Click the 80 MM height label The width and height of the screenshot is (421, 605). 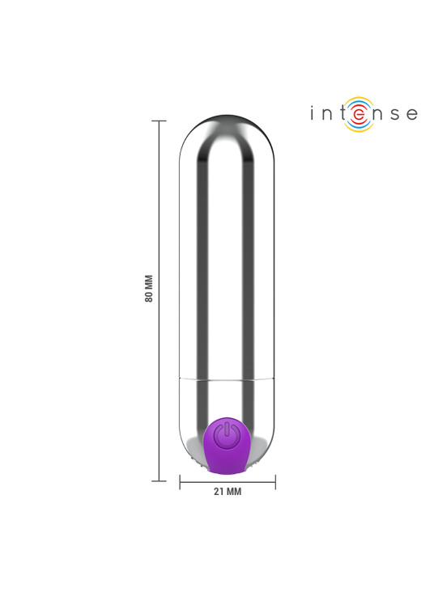pyautogui.click(x=149, y=288)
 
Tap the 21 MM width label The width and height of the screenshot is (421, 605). pyautogui.click(x=228, y=491)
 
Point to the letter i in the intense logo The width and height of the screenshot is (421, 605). pyautogui.click(x=312, y=113)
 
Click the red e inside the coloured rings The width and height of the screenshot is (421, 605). pyautogui.click(x=359, y=114)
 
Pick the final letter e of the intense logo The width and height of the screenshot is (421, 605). pyautogui.click(x=412, y=114)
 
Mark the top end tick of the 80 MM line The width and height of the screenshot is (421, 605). pyautogui.click(x=159, y=121)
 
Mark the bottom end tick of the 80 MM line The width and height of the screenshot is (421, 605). pyautogui.click(x=159, y=481)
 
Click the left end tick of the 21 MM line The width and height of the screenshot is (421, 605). pyautogui.click(x=180, y=482)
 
